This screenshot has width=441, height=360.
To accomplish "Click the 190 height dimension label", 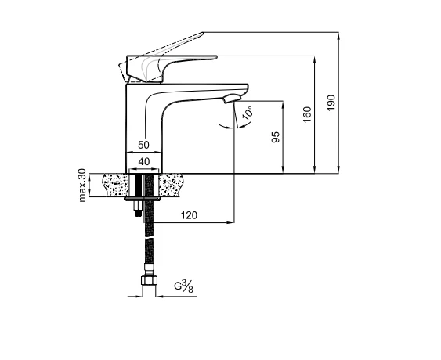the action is point(331,103).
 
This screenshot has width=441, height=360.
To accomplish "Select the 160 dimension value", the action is point(307,114).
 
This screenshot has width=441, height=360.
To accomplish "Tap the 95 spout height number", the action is point(276,137).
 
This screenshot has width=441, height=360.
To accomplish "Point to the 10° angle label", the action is point(248,113).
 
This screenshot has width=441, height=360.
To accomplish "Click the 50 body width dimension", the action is point(143,145).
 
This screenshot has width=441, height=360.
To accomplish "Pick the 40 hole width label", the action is point(144,161).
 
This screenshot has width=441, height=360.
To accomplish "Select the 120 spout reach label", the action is point(189,215).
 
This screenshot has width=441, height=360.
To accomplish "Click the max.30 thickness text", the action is point(82,185).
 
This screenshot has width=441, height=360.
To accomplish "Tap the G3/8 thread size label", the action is point(184,286).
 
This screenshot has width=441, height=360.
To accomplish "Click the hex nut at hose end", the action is point(149,281).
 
